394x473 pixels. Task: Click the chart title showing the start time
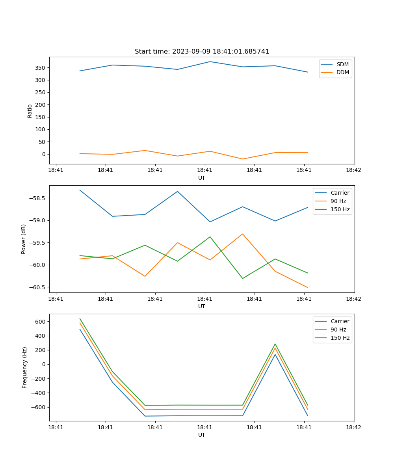[202, 52]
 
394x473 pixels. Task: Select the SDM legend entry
[342, 64]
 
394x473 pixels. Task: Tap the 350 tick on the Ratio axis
[41, 68]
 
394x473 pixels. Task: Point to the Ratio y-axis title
[30, 111]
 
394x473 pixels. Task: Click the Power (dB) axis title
[24, 239]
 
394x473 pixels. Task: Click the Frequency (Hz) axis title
[25, 367]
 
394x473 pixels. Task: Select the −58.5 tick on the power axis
[37, 198]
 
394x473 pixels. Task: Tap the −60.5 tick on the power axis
[37, 287]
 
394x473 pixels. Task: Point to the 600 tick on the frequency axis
[41, 322]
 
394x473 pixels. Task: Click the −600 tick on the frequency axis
[39, 407]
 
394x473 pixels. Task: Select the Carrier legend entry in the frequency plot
[340, 321]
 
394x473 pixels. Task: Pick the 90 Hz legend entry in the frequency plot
[338, 330]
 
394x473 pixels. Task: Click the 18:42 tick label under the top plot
[353, 170]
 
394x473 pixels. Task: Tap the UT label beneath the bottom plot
[202, 435]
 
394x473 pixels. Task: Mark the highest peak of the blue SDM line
[210, 61]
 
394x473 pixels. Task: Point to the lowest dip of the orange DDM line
[242, 159]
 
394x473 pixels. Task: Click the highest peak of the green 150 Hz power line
[210, 237]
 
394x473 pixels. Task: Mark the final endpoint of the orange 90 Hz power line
[308, 287]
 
